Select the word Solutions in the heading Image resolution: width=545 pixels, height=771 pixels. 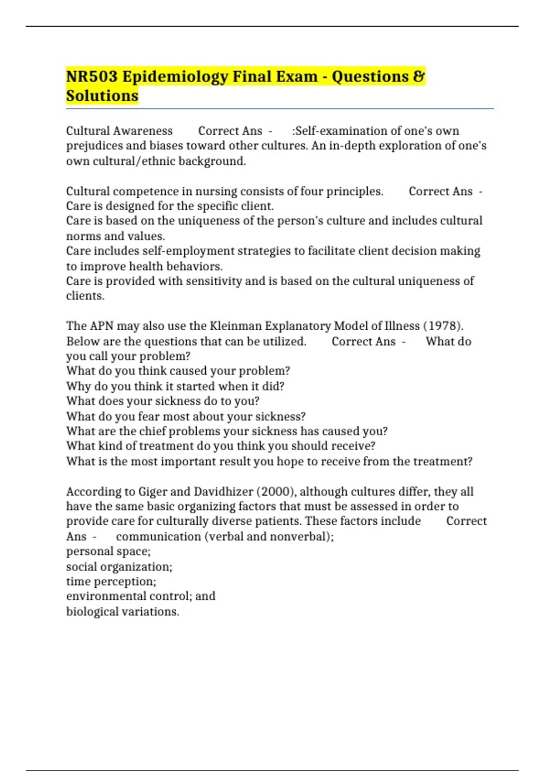(x=102, y=96)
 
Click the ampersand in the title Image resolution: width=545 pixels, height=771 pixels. (x=419, y=76)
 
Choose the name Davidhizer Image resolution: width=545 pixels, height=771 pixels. (x=223, y=492)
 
